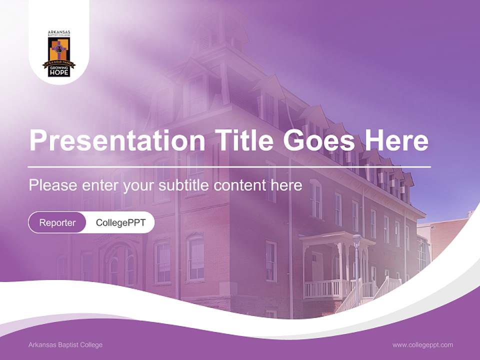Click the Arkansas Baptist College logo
click(x=59, y=53)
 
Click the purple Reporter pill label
click(x=57, y=222)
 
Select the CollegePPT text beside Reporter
click(x=120, y=222)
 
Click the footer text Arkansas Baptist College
click(x=65, y=345)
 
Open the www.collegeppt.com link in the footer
click(x=422, y=345)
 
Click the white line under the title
click(x=229, y=166)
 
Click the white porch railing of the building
click(x=322, y=288)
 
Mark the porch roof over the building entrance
click(x=335, y=238)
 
